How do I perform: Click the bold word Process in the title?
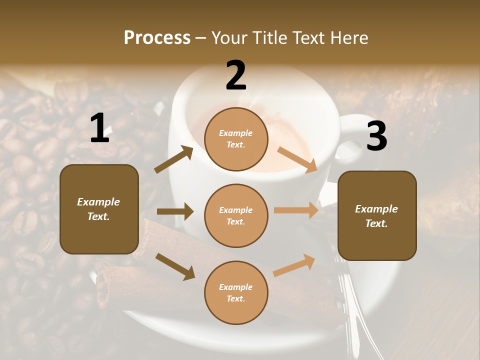pyautogui.click(x=157, y=37)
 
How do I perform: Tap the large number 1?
pyautogui.click(x=99, y=128)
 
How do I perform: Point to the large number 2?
pyautogui.click(x=236, y=75)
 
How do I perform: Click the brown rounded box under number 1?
pyautogui.click(x=99, y=209)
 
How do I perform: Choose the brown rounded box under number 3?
pyautogui.click(x=377, y=215)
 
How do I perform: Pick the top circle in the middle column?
pyautogui.click(x=236, y=138)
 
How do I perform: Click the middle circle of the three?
pyautogui.click(x=236, y=215)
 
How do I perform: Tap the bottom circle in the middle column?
pyautogui.click(x=236, y=292)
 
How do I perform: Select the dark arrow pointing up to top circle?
pyautogui.click(x=173, y=159)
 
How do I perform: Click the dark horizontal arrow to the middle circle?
pyautogui.click(x=175, y=211)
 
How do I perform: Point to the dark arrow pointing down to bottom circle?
pyautogui.click(x=175, y=266)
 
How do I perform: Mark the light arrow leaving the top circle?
pyautogui.click(x=297, y=160)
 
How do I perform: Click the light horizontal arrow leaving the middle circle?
pyautogui.click(x=296, y=210)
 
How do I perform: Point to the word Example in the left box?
pyautogui.click(x=98, y=202)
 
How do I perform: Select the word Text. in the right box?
pyautogui.click(x=376, y=223)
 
